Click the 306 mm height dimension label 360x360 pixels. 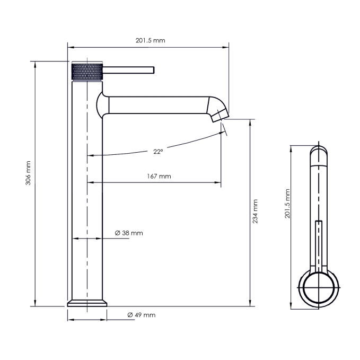28,173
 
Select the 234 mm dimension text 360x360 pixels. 255,211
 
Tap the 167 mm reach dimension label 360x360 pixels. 159,177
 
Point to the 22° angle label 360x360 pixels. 158,152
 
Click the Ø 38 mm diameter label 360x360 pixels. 129,233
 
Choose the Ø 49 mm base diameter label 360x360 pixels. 142,315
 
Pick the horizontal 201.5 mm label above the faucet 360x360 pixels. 151,40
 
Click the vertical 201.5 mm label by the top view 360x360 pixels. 287,204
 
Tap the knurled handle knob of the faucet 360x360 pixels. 87,72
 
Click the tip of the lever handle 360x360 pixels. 154,70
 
